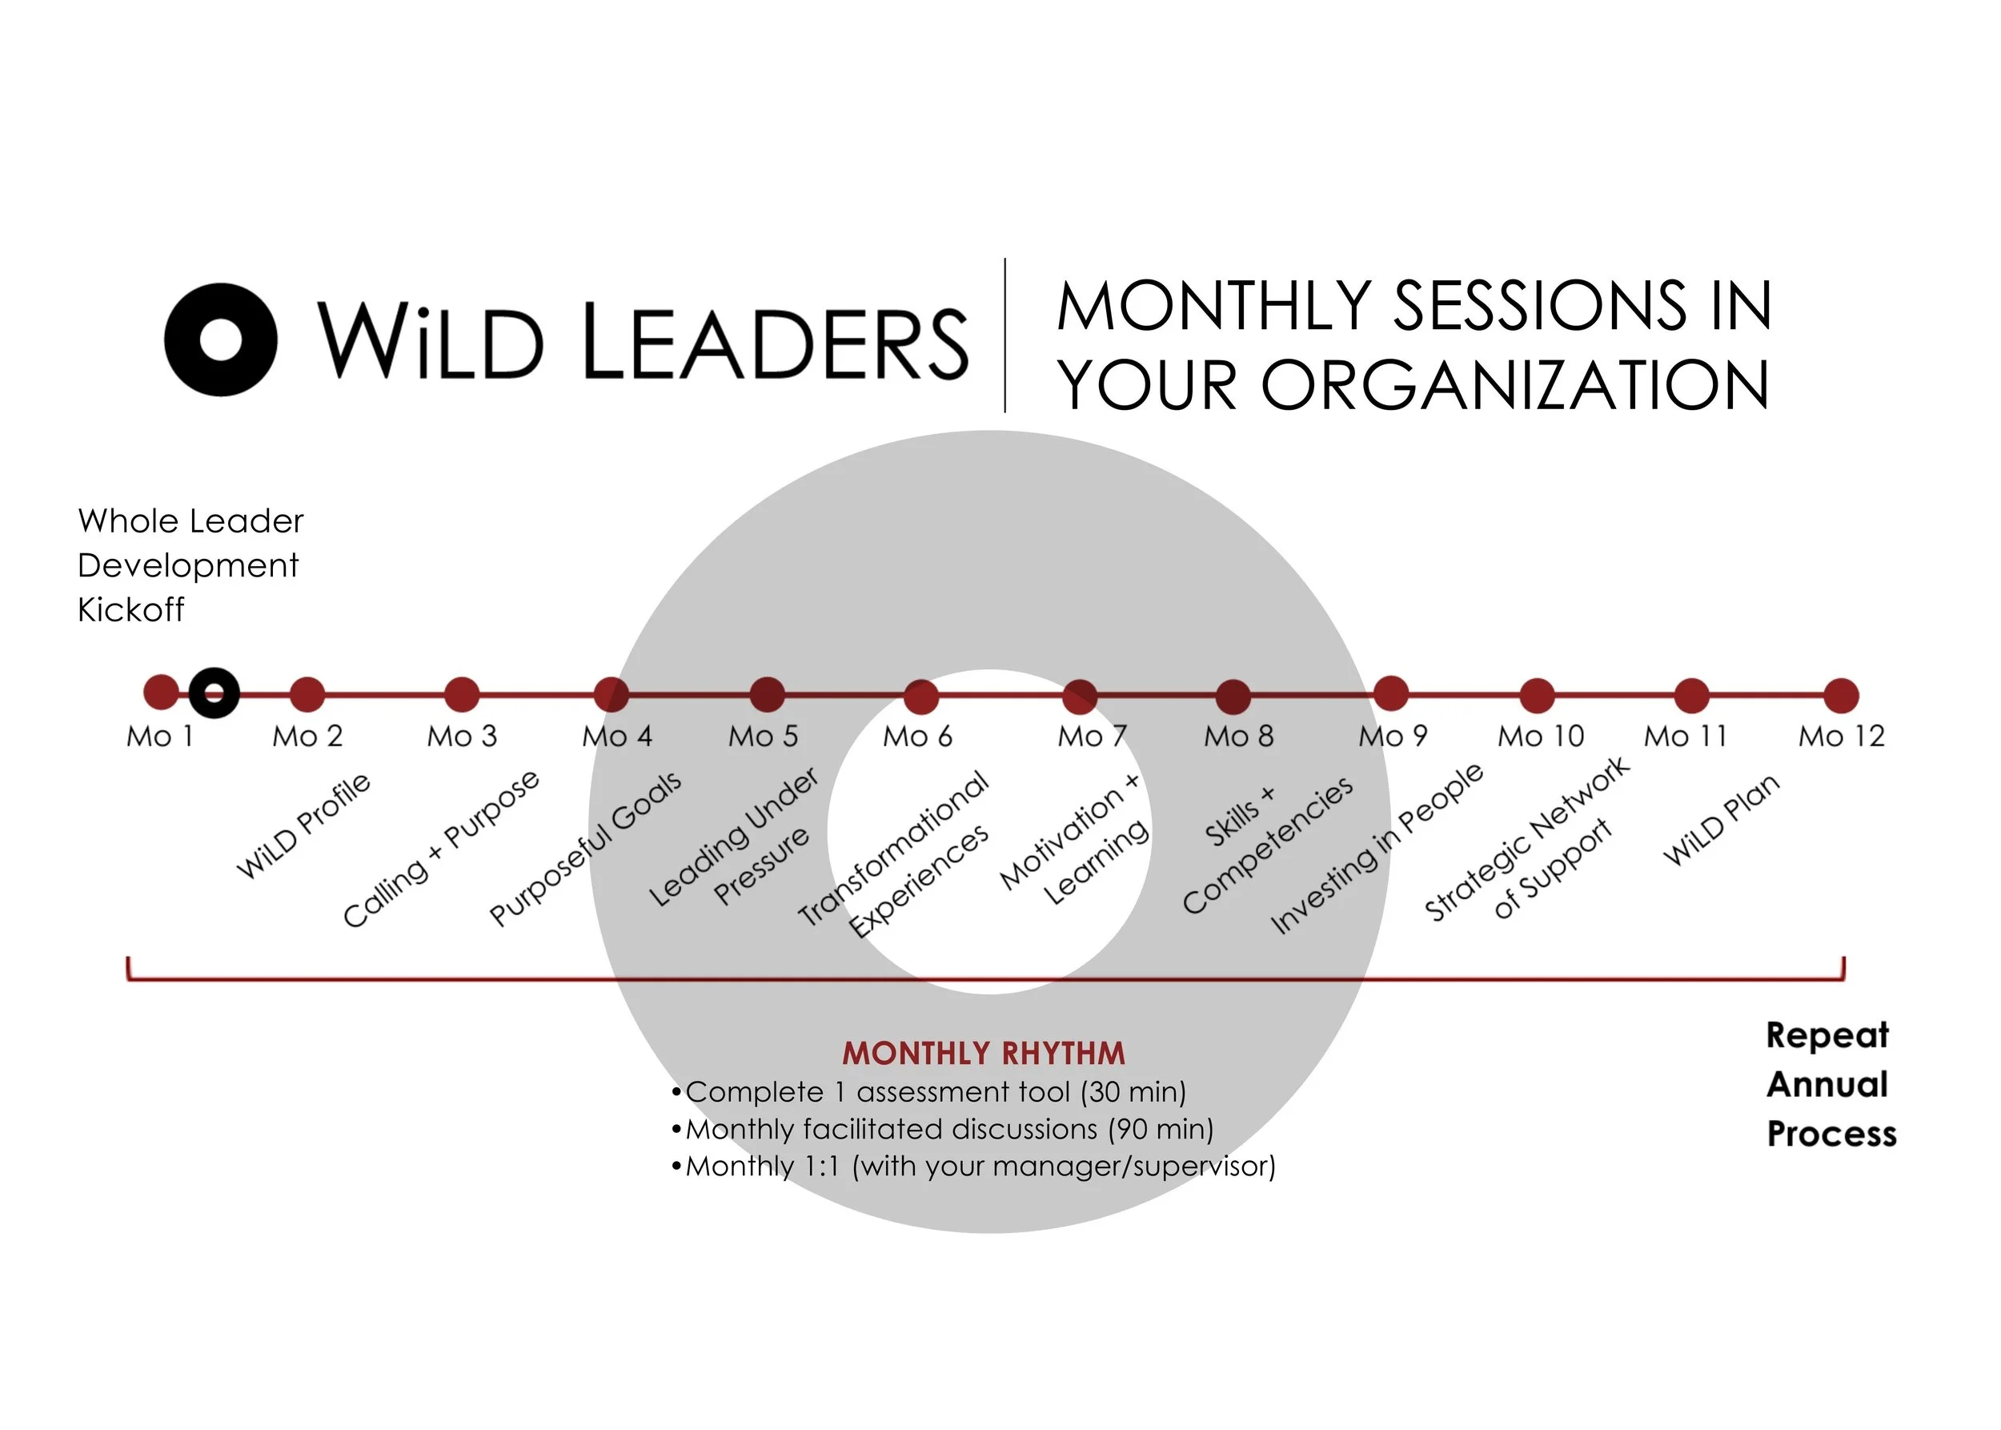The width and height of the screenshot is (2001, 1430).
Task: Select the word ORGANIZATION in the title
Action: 1514,386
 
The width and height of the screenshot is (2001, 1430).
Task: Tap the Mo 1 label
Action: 159,736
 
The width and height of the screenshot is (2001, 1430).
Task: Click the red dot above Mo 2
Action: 307,694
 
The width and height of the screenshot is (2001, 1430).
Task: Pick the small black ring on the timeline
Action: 214,693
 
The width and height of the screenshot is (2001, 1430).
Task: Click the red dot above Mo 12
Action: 1841,695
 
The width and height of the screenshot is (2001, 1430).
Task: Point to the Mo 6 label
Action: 918,736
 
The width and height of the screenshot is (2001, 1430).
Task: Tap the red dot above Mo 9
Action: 1390,693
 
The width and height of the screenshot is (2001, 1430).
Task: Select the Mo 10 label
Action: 1541,736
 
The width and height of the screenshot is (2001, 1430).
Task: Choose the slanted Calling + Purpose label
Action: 440,848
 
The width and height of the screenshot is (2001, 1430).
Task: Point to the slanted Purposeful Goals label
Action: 585,848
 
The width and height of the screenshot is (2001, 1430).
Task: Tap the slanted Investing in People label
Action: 1377,847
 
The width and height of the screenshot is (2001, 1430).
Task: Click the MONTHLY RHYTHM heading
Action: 984,1053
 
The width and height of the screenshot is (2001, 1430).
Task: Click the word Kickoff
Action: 131,609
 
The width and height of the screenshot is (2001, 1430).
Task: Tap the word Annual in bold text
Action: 1827,1084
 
